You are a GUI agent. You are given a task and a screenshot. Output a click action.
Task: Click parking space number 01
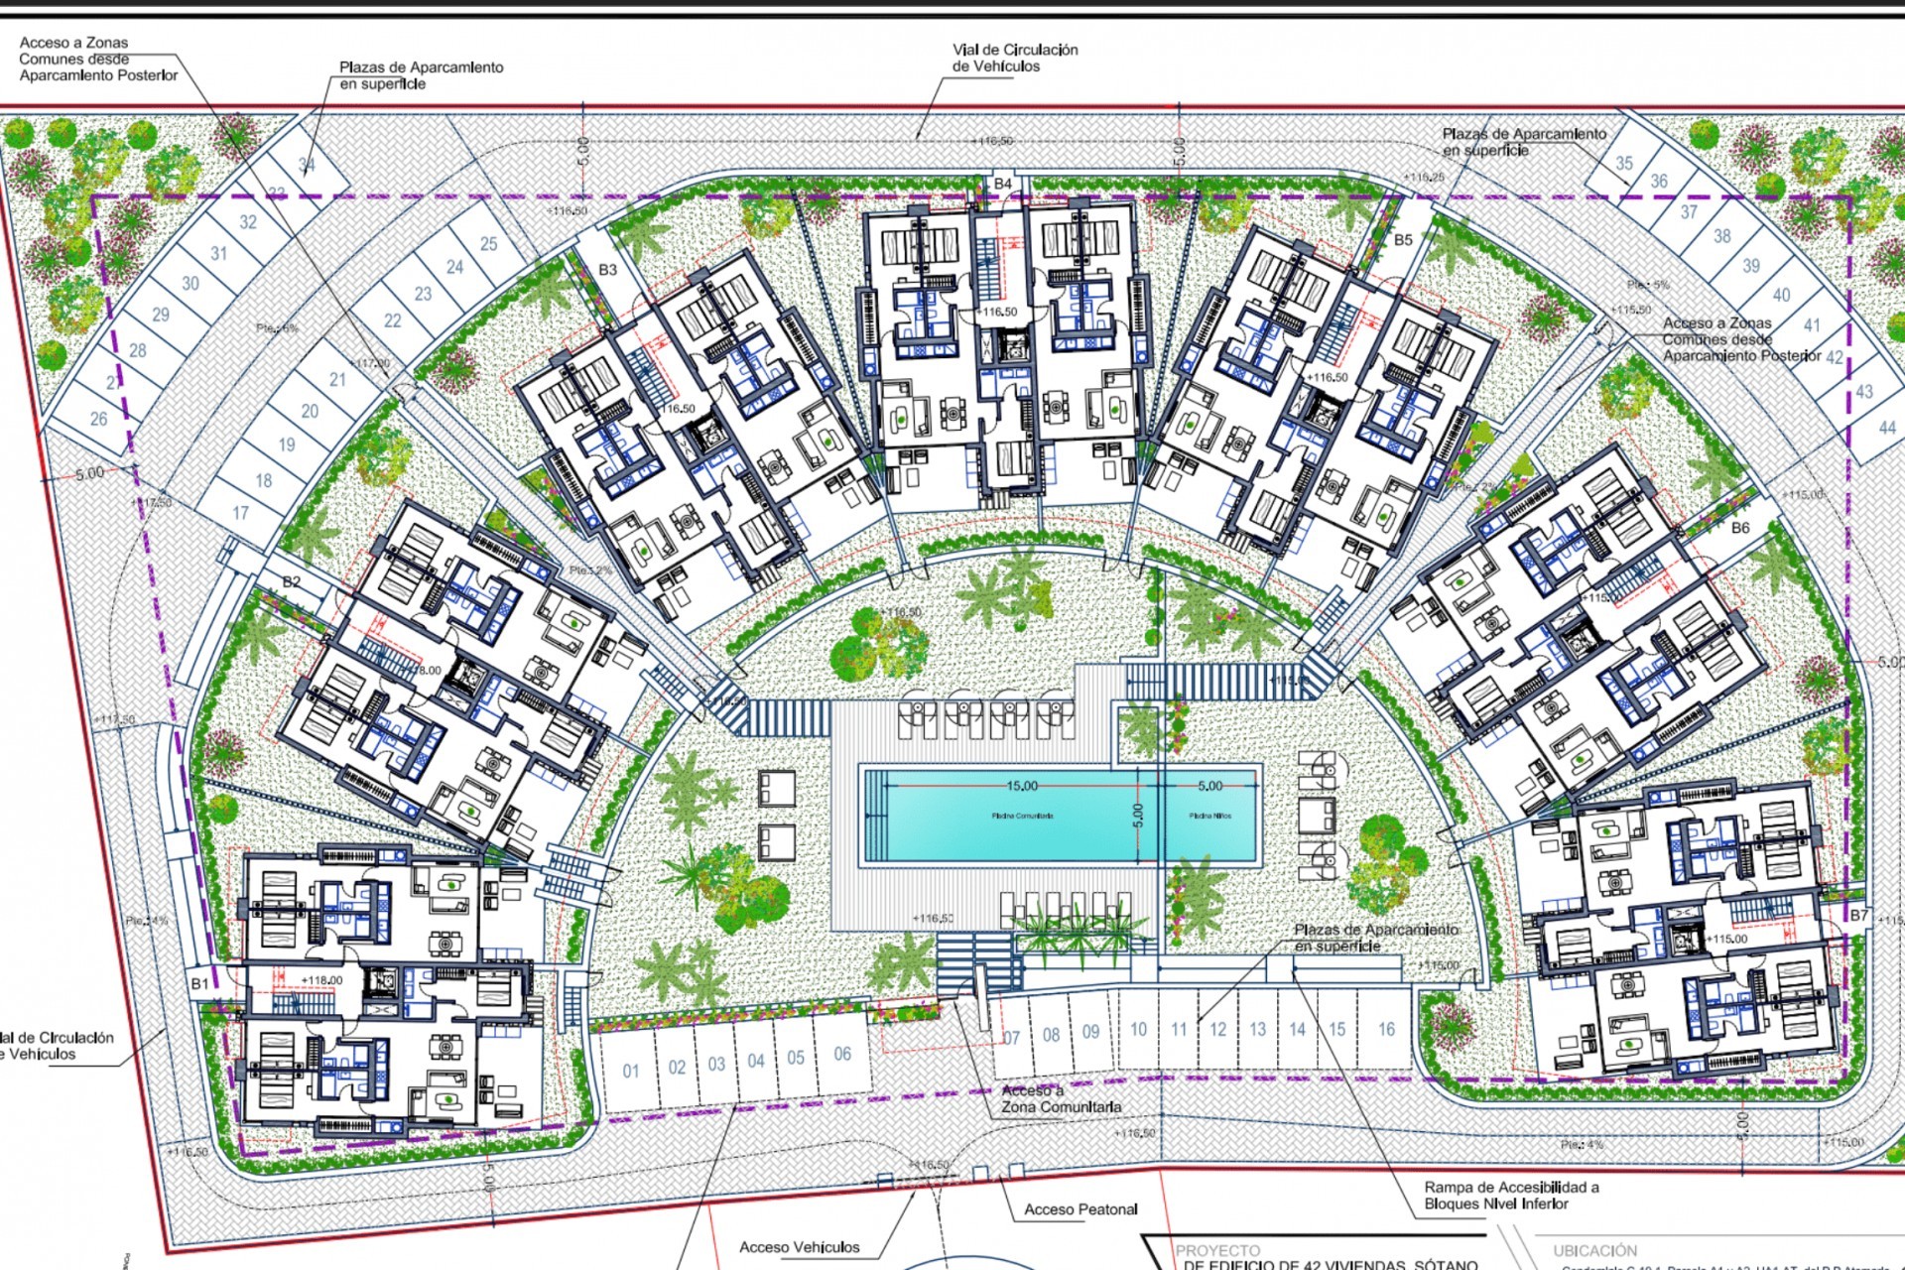pos(631,1071)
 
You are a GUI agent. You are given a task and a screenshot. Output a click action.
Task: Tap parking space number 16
pos(1386,1029)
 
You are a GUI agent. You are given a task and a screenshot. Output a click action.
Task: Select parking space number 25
pos(488,243)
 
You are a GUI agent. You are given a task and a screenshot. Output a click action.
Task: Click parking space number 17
pos(241,513)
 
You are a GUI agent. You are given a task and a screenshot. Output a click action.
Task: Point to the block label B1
pos(200,983)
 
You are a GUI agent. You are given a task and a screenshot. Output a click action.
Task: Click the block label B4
pos(1003,184)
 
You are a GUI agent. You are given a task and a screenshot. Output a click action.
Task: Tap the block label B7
pos(1858,915)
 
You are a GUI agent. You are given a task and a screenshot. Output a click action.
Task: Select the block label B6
pos(1740,528)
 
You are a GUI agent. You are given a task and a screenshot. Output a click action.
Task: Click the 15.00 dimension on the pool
pos(1022,786)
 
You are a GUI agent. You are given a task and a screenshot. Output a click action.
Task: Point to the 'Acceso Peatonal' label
pos(1080,1209)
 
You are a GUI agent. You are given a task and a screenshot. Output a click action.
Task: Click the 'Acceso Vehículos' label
pos(799,1247)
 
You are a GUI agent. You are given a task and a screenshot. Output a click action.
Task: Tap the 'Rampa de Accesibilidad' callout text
pos(1510,1196)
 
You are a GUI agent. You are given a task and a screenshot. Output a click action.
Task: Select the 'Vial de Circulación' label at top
pos(1014,58)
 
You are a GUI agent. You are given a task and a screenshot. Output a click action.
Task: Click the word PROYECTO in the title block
pos(1217,1251)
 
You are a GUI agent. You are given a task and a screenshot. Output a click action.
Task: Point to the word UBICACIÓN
pos(1595,1251)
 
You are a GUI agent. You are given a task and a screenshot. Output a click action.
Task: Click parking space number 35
pos(1623,163)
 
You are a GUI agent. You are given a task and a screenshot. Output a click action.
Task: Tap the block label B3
pos(607,270)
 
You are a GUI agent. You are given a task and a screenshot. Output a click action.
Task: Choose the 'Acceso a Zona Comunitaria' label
pos(1060,1098)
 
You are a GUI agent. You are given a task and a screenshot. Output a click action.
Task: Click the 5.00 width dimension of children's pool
pos(1209,786)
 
